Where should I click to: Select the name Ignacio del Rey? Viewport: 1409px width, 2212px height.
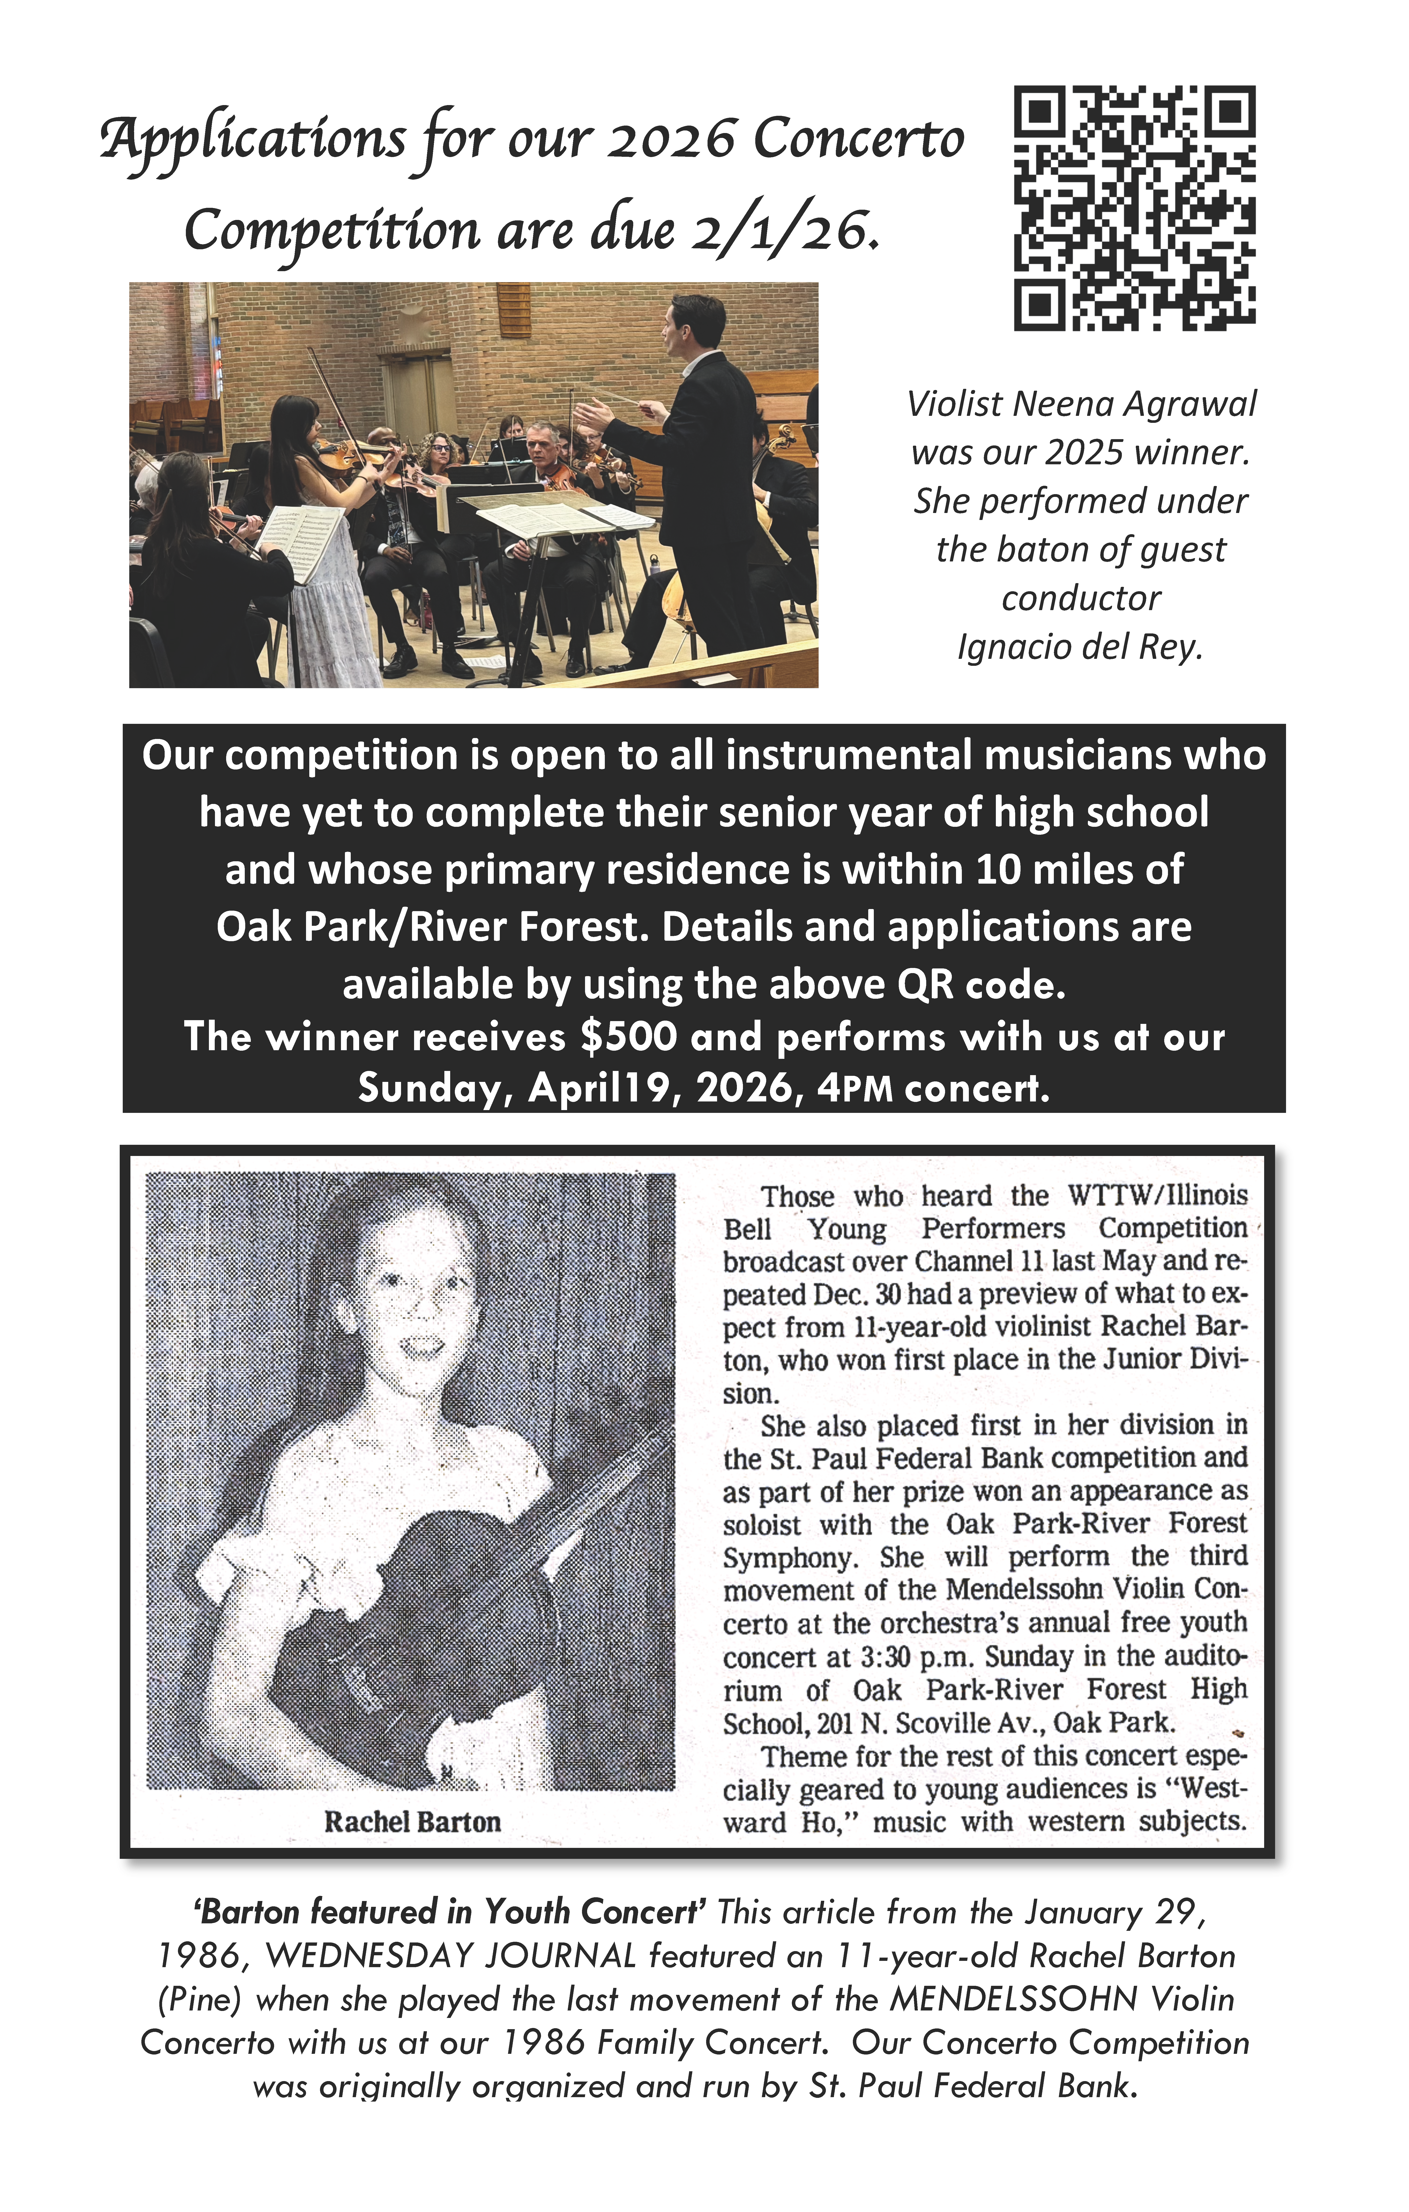pyautogui.click(x=1080, y=647)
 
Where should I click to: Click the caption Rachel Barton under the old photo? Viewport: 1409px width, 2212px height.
pyautogui.click(x=412, y=1822)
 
